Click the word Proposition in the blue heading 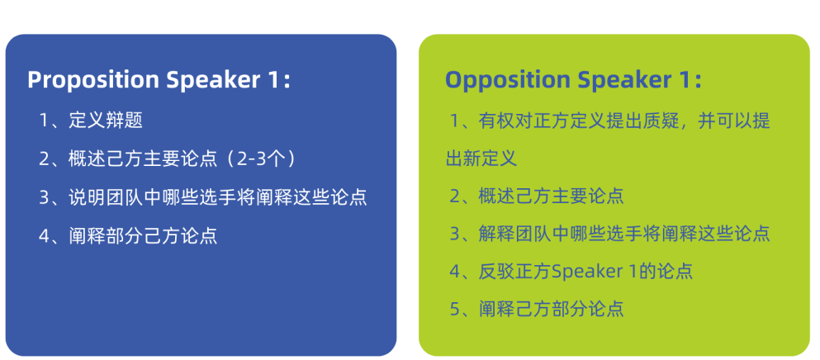[92, 80]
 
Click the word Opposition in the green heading [507, 80]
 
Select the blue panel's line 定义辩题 [106, 121]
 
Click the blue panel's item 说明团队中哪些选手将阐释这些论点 [218, 198]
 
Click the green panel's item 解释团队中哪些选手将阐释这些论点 [624, 234]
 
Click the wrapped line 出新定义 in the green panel [481, 159]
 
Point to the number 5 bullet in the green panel [455, 310]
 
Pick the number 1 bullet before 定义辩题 [44, 121]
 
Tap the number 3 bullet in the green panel [455, 234]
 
